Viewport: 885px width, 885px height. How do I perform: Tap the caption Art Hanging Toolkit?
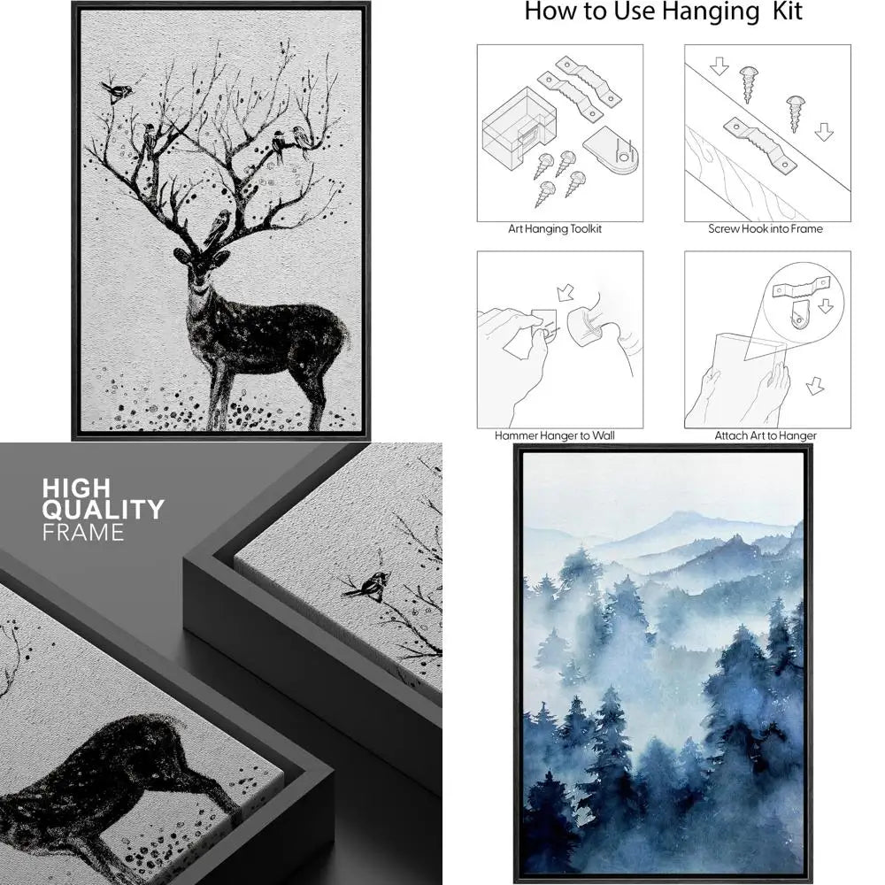pos(555,229)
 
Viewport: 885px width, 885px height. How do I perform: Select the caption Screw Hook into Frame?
pos(766,229)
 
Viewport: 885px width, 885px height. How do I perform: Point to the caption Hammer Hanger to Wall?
pos(555,435)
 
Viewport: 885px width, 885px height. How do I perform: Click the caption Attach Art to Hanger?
pos(766,435)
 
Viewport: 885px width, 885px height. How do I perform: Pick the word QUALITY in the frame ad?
pos(103,510)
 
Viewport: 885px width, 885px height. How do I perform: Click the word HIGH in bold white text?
pos(76,488)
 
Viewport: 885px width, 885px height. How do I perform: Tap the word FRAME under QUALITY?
pos(83,533)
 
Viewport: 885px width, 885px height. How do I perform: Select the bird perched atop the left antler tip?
pos(117,90)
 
